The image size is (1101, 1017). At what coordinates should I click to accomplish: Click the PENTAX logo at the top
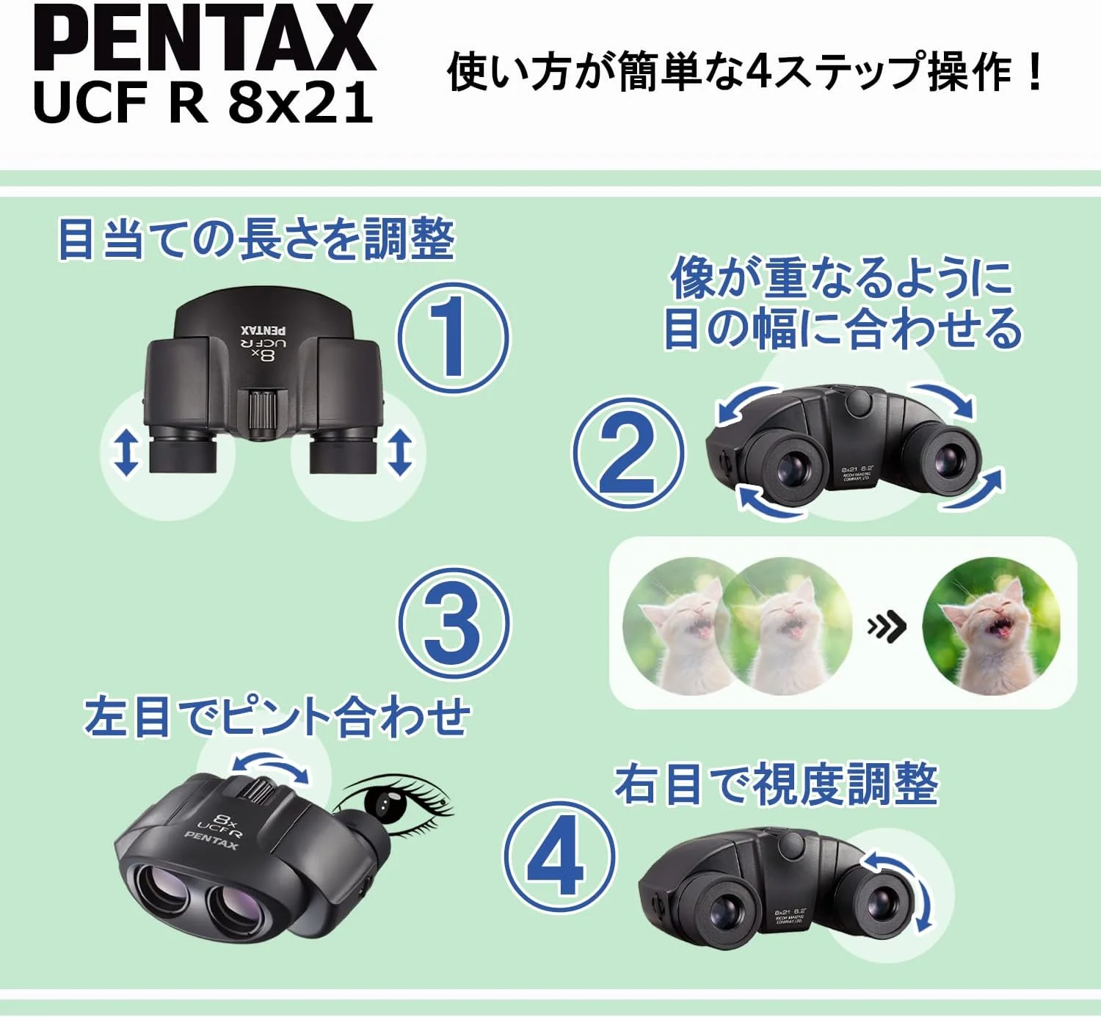click(204, 38)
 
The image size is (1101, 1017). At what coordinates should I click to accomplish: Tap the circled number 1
click(453, 338)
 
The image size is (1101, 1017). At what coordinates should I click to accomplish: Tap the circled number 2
click(628, 454)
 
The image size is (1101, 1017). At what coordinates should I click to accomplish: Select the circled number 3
click(454, 622)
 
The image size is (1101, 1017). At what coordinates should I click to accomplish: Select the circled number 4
click(558, 857)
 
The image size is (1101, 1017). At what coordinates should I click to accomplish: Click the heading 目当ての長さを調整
click(256, 239)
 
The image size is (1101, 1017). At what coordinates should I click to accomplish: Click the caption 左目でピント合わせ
click(277, 717)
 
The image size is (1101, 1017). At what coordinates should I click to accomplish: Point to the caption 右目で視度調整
click(776, 784)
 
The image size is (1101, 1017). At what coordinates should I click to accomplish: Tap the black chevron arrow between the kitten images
click(887, 627)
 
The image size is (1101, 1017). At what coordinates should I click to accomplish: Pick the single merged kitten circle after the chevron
click(990, 626)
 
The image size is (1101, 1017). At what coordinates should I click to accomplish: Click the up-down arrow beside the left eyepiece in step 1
click(126, 452)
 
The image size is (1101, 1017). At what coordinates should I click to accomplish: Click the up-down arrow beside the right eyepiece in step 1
click(400, 452)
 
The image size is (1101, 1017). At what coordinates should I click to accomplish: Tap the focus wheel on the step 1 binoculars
click(263, 412)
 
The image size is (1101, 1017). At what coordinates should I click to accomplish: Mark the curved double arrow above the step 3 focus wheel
click(272, 766)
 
